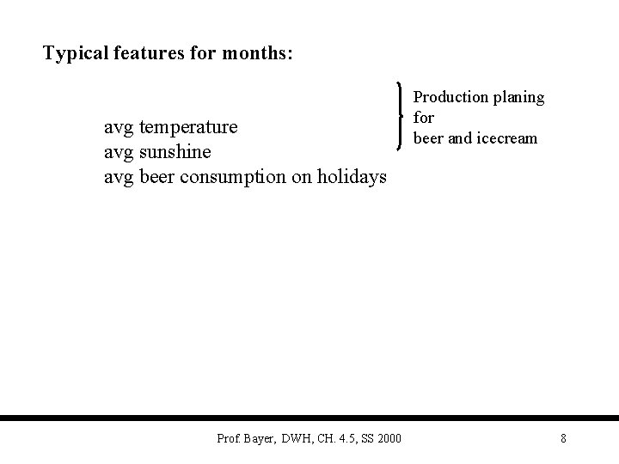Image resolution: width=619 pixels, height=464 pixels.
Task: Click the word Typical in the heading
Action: (x=75, y=54)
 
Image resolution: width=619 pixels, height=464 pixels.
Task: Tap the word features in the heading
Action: (x=147, y=54)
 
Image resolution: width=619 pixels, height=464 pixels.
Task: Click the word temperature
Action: (x=187, y=128)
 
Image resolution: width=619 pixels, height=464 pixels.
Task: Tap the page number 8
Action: (x=563, y=439)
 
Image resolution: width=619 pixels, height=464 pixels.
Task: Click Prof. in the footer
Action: (x=230, y=439)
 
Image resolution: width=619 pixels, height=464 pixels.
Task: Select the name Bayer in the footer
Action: (x=259, y=439)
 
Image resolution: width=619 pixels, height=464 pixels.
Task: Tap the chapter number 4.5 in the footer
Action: (x=344, y=439)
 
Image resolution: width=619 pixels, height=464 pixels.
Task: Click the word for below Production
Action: (x=424, y=118)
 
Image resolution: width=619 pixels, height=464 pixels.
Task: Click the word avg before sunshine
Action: (x=118, y=152)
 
